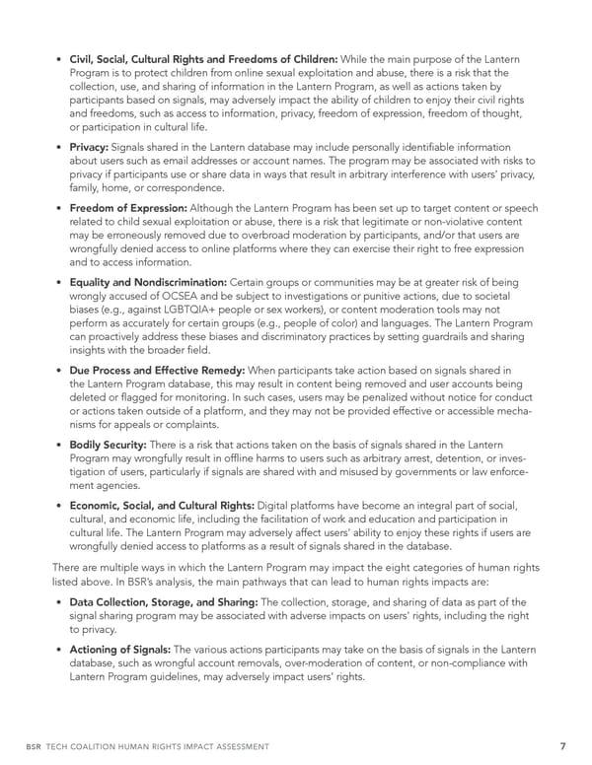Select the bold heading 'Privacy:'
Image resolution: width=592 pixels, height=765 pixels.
tap(95, 147)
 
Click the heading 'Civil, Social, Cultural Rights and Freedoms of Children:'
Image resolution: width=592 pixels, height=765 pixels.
tap(204, 57)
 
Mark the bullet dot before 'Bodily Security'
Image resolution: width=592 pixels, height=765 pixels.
tap(60, 446)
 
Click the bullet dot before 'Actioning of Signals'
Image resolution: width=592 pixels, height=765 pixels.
tap(60, 650)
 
